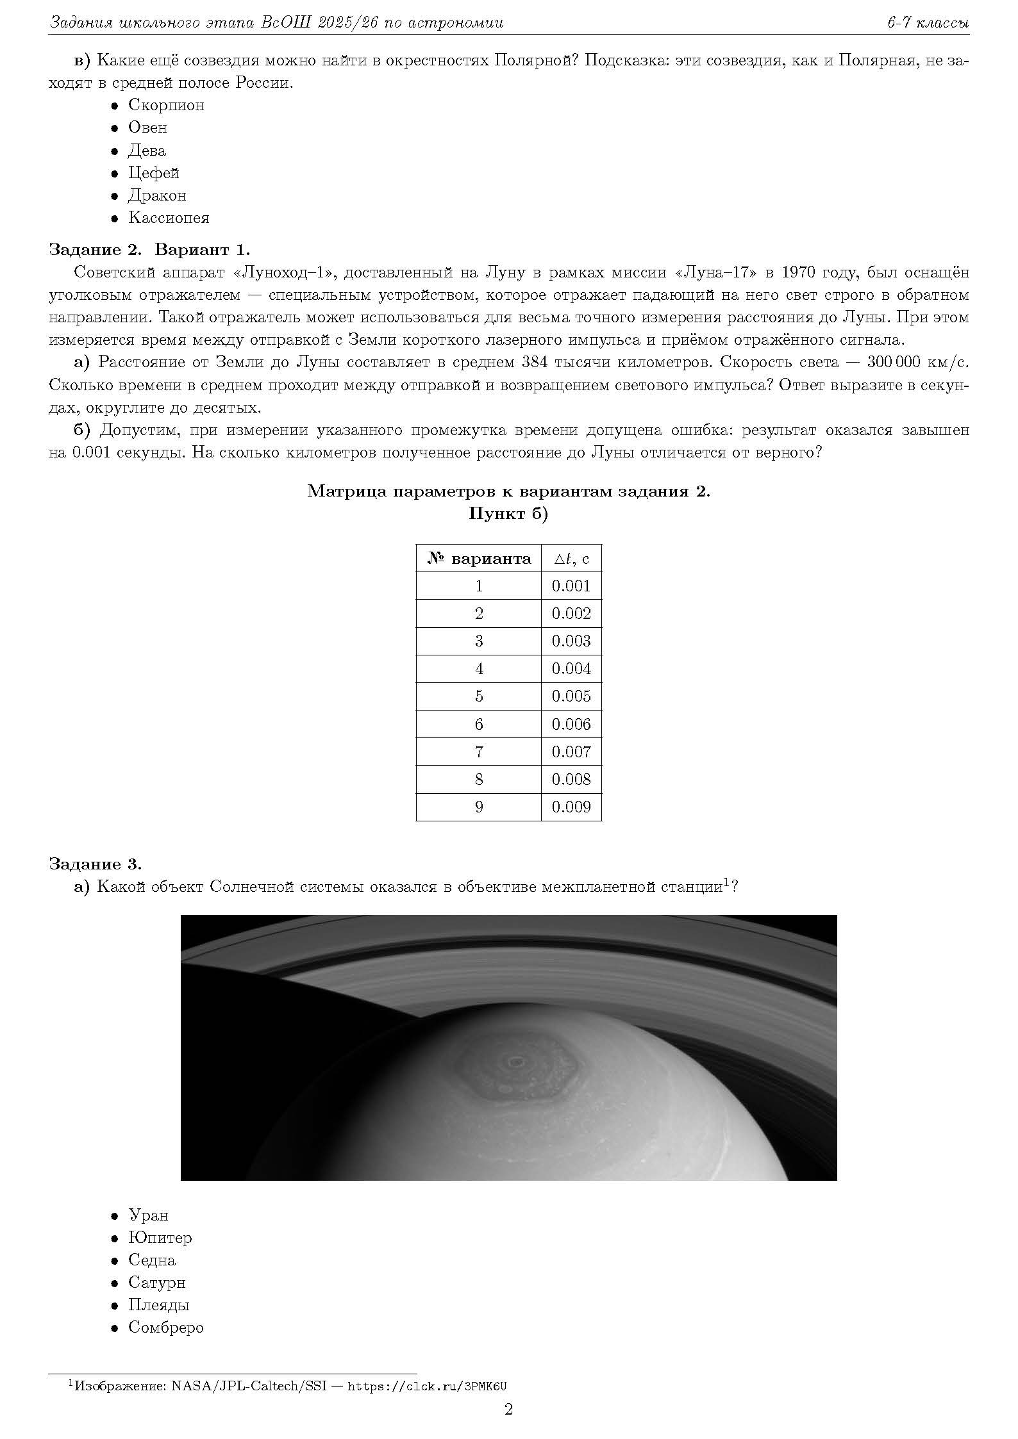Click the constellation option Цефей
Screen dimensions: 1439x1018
tap(153, 173)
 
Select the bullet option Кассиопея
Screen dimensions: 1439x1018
tap(168, 218)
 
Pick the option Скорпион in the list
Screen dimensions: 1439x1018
tap(166, 105)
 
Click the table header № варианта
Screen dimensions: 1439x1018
tap(479, 559)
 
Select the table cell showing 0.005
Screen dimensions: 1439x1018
tap(571, 696)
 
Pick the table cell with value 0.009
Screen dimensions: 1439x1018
tap(571, 807)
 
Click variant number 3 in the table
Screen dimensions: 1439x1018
tap(479, 641)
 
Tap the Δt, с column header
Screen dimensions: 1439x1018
tap(571, 559)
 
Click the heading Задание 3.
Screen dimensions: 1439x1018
tap(95, 864)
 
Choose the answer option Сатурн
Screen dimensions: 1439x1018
tap(156, 1283)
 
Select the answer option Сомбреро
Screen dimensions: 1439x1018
tap(165, 1328)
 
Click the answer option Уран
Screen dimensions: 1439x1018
tap(148, 1215)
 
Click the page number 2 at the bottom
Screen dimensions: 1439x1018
tap(509, 1410)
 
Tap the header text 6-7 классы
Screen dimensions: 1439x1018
tap(928, 23)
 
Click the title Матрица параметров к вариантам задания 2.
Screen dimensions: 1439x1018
tap(508, 491)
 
